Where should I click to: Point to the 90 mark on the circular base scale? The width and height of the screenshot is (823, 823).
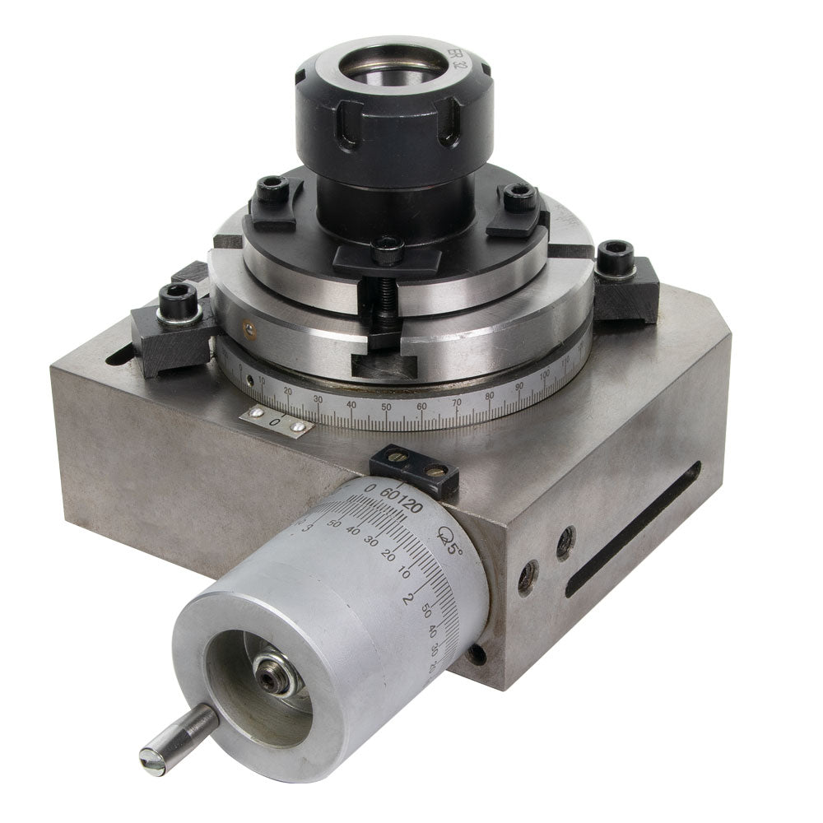[518, 387]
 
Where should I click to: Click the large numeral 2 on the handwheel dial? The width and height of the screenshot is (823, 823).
[406, 598]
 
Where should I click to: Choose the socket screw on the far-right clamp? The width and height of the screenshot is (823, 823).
[616, 257]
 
